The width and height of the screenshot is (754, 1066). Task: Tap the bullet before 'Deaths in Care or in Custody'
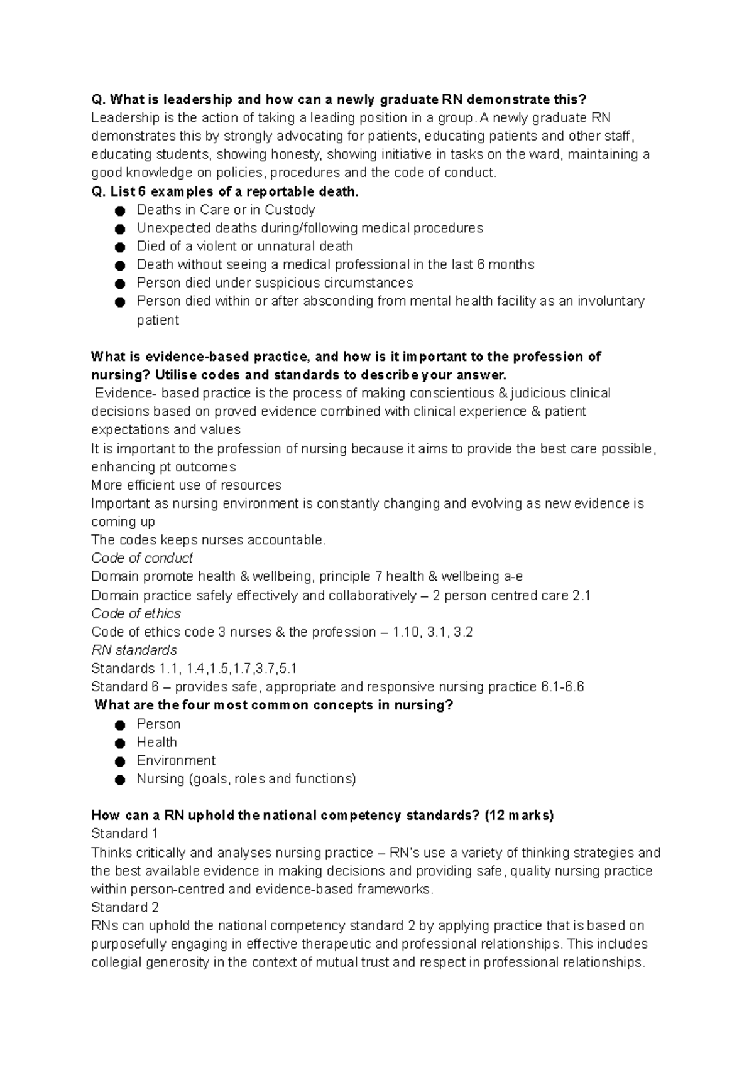tap(121, 210)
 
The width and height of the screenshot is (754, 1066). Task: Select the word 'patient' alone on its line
tap(158, 320)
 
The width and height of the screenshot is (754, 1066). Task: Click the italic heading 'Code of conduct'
tap(141, 558)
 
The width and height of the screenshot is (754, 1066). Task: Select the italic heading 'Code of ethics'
tap(136, 613)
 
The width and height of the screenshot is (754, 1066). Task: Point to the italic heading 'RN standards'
tap(134, 650)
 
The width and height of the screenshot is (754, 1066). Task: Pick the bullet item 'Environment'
tap(176, 760)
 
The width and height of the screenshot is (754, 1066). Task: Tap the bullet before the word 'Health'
tap(121, 743)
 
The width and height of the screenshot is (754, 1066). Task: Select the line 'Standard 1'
tap(124, 834)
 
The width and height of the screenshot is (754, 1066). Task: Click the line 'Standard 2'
tap(124, 907)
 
